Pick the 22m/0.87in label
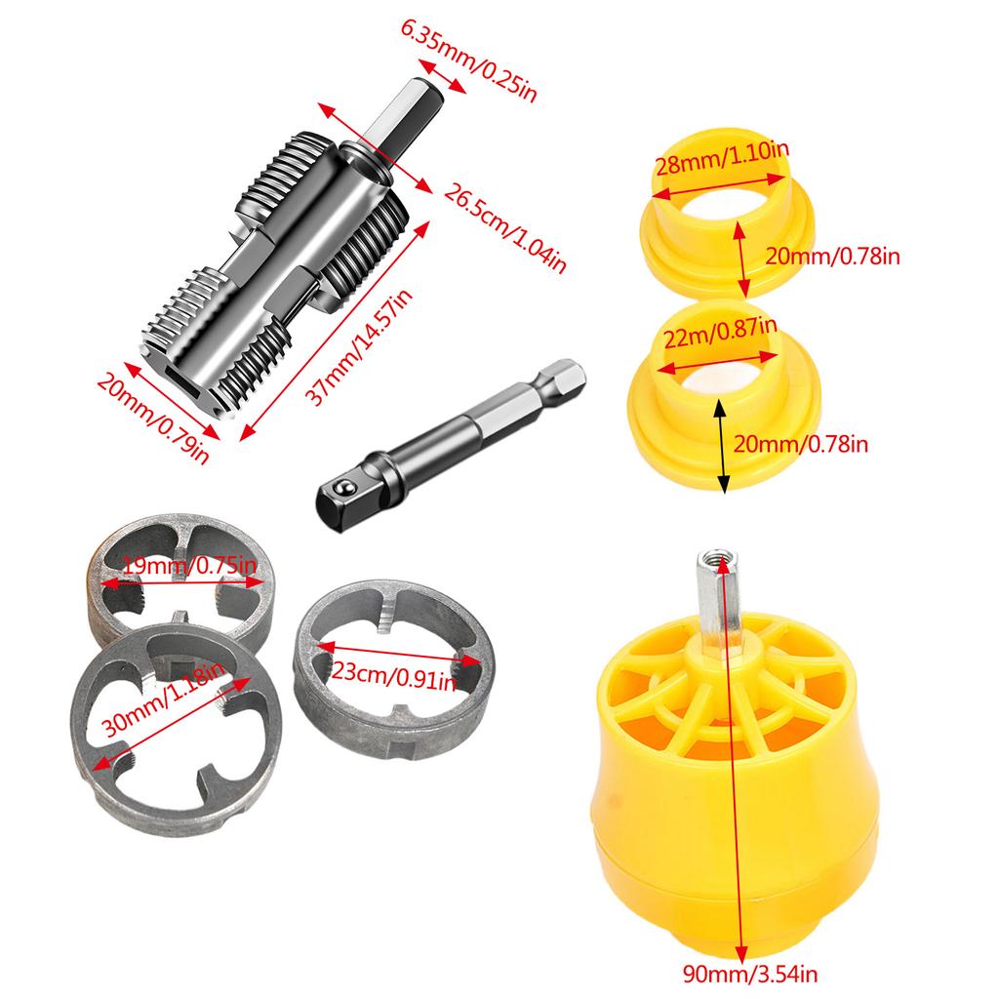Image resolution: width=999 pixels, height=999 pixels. (720, 336)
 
